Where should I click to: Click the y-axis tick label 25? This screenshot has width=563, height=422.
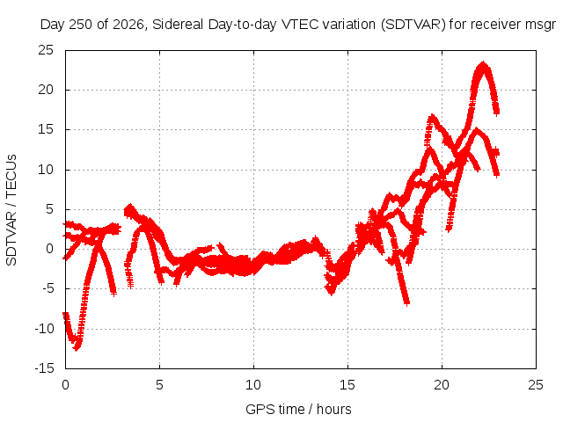click(x=46, y=50)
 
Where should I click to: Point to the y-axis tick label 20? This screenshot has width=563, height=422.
click(x=46, y=90)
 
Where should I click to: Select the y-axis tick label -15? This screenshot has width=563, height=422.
click(x=45, y=368)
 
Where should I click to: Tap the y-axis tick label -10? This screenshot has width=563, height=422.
click(x=45, y=328)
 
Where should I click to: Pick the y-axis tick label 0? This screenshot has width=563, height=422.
click(x=50, y=249)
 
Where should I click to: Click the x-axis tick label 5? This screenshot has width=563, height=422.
click(x=159, y=385)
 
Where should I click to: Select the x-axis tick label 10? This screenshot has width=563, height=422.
click(x=253, y=385)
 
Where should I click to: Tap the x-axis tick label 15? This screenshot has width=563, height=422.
click(x=347, y=385)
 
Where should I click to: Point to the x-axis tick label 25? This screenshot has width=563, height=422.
click(x=536, y=385)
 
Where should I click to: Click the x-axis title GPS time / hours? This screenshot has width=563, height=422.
click(x=298, y=409)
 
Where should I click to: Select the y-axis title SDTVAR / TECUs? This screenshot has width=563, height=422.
click(x=11, y=210)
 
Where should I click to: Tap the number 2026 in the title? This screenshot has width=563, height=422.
click(x=128, y=25)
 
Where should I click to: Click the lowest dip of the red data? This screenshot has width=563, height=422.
click(x=77, y=349)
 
